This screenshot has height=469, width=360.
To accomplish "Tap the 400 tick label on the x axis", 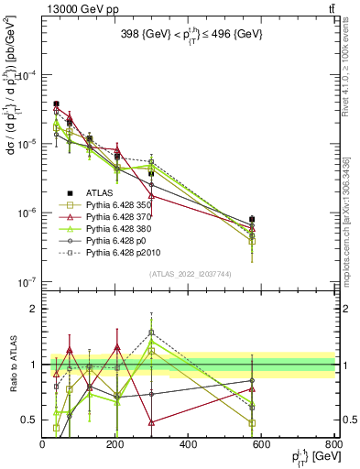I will point(189,444).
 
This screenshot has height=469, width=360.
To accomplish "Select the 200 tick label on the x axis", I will point(115,444).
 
